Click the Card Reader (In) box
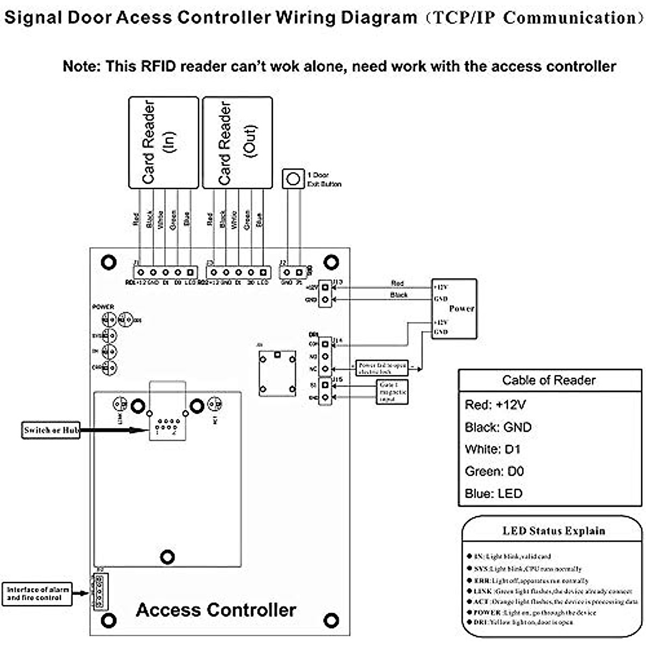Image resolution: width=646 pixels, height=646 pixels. tap(163, 142)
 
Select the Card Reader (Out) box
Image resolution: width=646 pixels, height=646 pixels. tap(237, 142)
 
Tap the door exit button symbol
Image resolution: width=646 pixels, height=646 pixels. tap(293, 179)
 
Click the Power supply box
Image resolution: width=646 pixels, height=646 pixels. tap(454, 308)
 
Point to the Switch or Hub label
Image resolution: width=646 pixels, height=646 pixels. tap(51, 430)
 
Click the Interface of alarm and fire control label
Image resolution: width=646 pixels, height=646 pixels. tap(37, 593)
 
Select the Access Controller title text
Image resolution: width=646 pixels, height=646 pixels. tap(216, 610)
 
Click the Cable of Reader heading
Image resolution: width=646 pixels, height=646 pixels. tap(549, 380)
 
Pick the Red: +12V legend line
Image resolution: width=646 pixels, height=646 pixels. tap(495, 405)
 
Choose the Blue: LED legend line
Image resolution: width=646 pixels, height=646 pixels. tap(493, 493)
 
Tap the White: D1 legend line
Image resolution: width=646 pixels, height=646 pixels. tap(493, 449)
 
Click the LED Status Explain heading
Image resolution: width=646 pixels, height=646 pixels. tap(553, 531)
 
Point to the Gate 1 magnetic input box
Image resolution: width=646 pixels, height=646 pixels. tap(392, 392)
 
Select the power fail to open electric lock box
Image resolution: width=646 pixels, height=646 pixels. tap(382, 368)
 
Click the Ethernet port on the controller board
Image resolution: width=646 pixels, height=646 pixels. tap(167, 423)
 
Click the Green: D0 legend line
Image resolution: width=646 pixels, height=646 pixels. tap(494, 471)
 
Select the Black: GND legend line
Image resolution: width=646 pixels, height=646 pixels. tap(498, 427)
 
